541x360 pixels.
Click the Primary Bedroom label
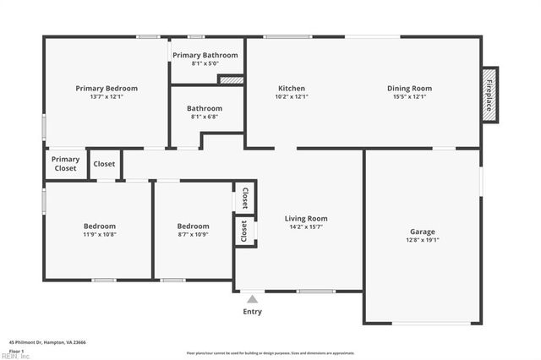(107, 88)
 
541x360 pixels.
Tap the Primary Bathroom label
(205, 55)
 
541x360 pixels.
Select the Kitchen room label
(292, 88)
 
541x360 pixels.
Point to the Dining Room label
(410, 88)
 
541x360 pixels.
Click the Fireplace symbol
(489, 95)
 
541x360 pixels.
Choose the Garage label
(423, 232)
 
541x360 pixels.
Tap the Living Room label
(306, 218)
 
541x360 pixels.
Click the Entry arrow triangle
(252, 298)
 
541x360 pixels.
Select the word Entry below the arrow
(252, 312)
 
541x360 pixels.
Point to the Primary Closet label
(65, 164)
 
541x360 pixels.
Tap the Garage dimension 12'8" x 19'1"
(423, 240)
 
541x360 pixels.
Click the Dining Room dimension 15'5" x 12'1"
(410, 96)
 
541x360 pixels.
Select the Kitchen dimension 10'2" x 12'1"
(292, 96)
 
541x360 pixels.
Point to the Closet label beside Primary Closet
(105, 164)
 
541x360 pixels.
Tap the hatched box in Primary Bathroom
(231, 79)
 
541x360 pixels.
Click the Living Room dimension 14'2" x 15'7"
(306, 226)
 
